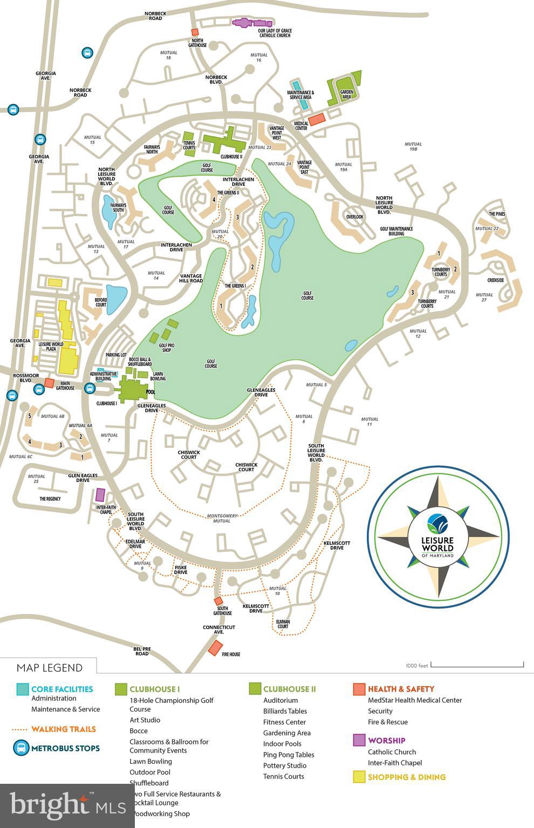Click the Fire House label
pos(231,654)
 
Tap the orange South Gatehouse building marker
pos(218,601)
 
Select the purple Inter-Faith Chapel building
pos(100,494)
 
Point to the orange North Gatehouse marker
pos(195,32)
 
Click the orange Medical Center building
pos(317,119)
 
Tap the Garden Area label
pos(346,94)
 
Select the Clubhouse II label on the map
pos(231,156)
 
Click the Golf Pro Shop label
pos(166,347)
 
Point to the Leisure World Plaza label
pos(51,346)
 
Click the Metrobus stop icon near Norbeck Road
pos(86,53)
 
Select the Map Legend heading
pos(50,667)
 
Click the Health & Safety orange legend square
pos(359,689)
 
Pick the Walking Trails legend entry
pos(63,729)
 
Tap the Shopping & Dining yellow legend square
pos(359,777)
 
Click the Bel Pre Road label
pos(142,651)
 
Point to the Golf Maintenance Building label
pos(396,231)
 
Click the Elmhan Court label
pos(283,624)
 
